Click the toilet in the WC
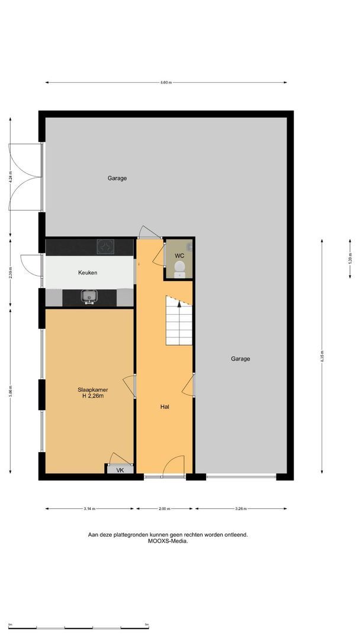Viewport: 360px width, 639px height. (180, 270)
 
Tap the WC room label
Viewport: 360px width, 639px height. (179, 256)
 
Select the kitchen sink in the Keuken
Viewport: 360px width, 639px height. (89, 295)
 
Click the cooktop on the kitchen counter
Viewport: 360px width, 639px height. (106, 245)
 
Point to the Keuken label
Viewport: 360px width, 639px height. (88, 273)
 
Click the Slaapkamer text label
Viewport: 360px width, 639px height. (92, 390)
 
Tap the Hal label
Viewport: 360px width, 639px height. (165, 407)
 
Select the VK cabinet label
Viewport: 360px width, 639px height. (120, 470)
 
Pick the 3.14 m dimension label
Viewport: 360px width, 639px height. (89, 508)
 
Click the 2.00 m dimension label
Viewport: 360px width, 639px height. (165, 508)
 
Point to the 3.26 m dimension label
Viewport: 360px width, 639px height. (240, 508)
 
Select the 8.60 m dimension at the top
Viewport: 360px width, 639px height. (165, 83)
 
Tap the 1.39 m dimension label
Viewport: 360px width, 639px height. (350, 259)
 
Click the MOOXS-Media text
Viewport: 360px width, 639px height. (168, 541)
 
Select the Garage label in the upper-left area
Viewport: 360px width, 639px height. (117, 178)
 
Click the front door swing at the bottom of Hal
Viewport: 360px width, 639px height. (174, 466)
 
